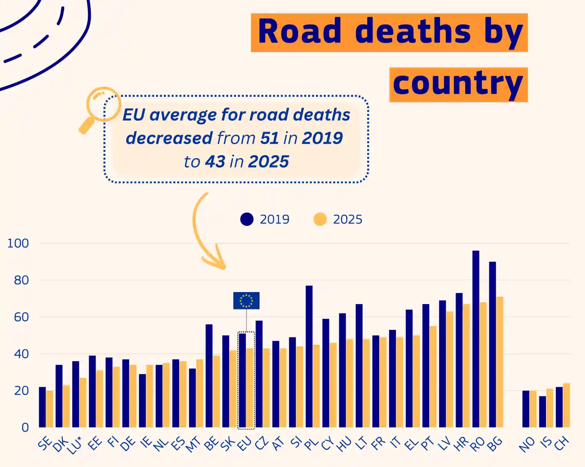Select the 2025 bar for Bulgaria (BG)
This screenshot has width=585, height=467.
coord(500,362)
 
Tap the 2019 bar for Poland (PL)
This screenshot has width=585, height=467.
coord(309,356)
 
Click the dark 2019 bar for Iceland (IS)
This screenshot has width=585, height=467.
coord(543,411)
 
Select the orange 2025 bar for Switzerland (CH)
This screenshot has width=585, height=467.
coord(567,405)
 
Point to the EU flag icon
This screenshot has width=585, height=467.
coord(246,300)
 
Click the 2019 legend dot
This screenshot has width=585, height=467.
coord(247,219)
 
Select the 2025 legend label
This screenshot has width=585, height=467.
coord(348,219)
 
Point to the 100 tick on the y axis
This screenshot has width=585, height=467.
coord(18,243)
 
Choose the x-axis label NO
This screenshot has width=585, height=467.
coord(526,444)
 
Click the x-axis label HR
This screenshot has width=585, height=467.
coord(461,444)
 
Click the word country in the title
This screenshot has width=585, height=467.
coord(458,84)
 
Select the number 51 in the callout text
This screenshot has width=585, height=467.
coord(269,138)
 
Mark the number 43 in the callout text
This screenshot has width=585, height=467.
coord(215,162)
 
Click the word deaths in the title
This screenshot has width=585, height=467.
coord(412,32)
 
